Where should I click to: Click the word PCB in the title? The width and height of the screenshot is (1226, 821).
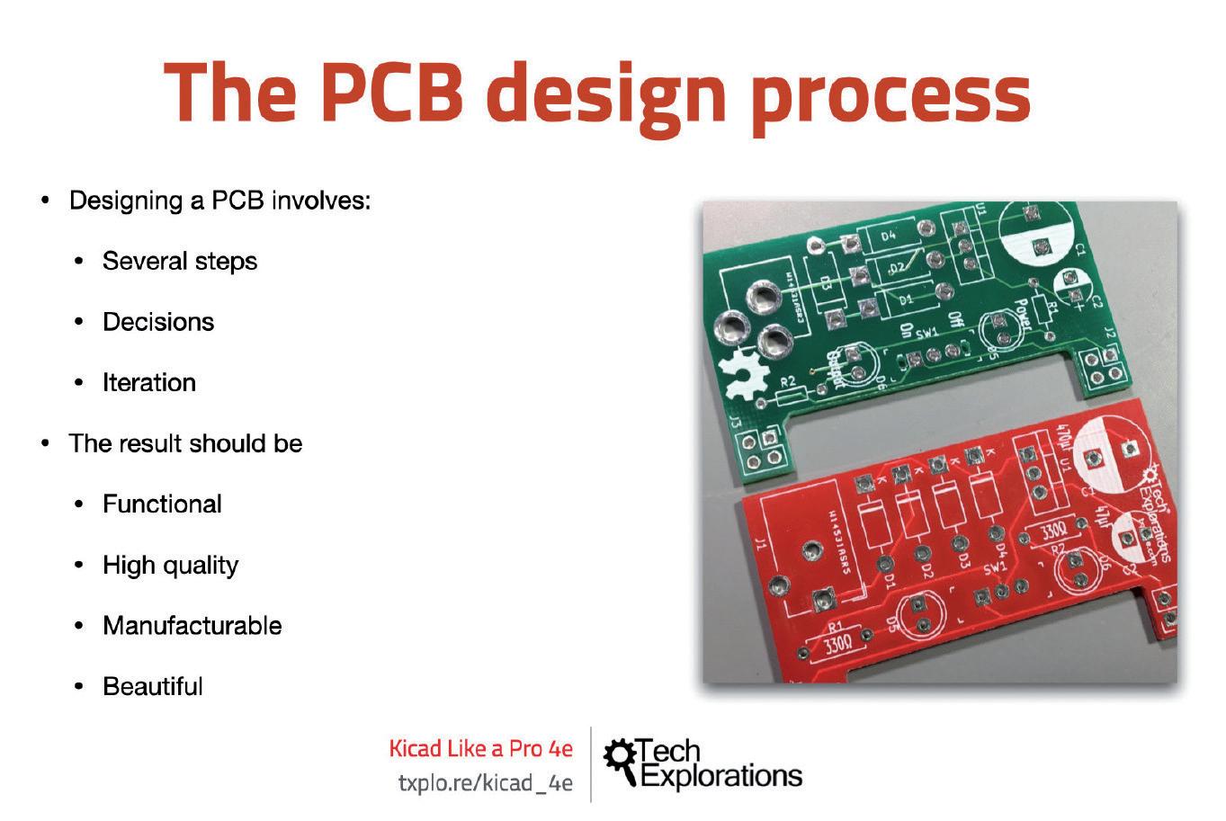point(398,93)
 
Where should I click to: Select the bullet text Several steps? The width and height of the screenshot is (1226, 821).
point(180,262)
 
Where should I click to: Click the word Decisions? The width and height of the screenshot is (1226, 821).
point(158,322)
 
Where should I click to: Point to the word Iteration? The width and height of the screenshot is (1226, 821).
point(149,383)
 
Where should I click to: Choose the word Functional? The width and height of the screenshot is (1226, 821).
point(162,504)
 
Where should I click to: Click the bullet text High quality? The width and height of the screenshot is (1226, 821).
point(170,566)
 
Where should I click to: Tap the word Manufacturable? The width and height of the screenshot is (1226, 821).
point(192,626)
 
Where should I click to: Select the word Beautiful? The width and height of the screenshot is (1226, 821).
point(153,687)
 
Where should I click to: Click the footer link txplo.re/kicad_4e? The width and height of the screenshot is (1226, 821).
point(485,783)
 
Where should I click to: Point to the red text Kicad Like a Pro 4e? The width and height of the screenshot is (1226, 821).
point(480,748)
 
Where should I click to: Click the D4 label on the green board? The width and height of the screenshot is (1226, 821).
point(889,236)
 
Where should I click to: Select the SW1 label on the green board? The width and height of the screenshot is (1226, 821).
point(927,332)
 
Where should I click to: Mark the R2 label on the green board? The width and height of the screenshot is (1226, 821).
point(789,381)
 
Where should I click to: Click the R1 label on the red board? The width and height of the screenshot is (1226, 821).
point(836,626)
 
